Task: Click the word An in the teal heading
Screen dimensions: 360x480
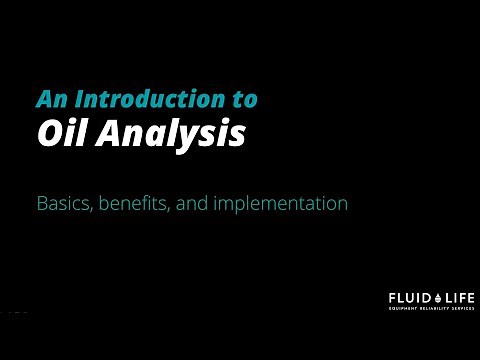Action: pos(49,99)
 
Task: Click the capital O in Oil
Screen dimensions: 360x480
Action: pos(48,133)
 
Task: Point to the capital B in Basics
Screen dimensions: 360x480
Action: pos(42,203)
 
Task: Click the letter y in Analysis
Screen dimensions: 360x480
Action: pos(194,137)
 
